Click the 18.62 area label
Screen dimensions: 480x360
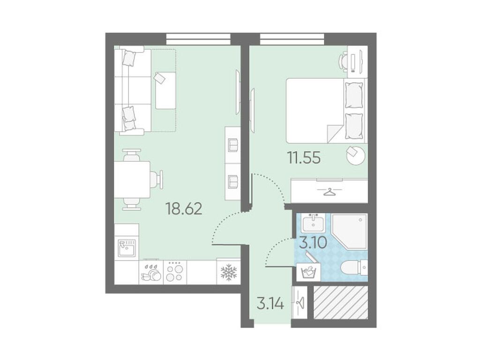[184, 209]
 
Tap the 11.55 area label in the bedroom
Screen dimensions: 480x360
[304, 158]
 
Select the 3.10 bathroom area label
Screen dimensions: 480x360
[313, 243]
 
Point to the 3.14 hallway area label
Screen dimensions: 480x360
[270, 304]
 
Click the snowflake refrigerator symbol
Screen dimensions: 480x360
[229, 272]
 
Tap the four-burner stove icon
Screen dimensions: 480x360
[175, 272]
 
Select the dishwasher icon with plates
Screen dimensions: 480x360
[151, 272]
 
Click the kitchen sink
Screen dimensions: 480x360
[127, 248]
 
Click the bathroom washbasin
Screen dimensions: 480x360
[313, 223]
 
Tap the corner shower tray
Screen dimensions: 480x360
[350, 231]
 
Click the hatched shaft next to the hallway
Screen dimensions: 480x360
[341, 302]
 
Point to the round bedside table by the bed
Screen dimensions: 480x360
[356, 155]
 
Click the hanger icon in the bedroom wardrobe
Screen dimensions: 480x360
[329, 192]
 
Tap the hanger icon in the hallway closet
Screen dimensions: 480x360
[300, 302]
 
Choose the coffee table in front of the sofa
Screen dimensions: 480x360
[165, 90]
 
